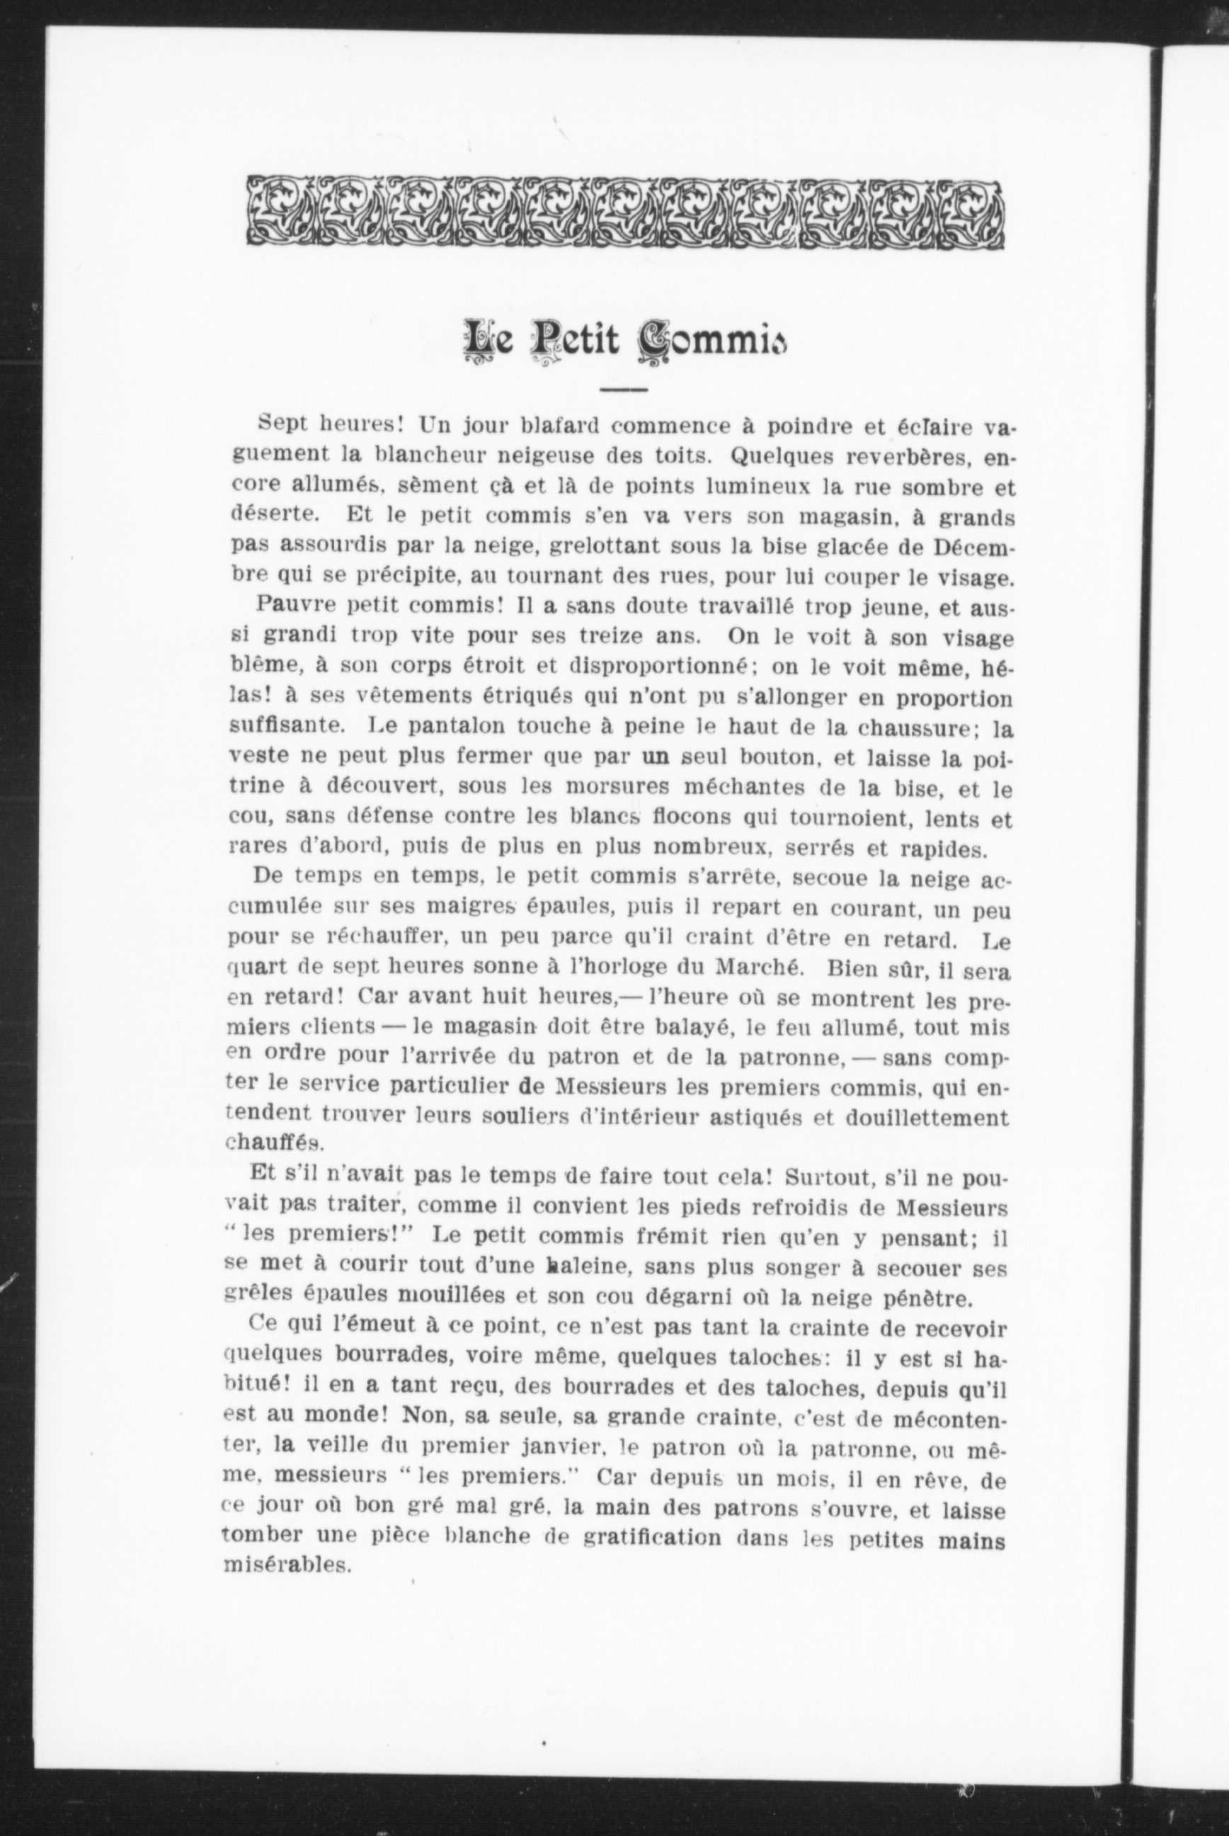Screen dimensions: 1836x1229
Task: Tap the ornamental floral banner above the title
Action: point(624,212)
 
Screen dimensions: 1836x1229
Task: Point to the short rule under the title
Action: point(624,390)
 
